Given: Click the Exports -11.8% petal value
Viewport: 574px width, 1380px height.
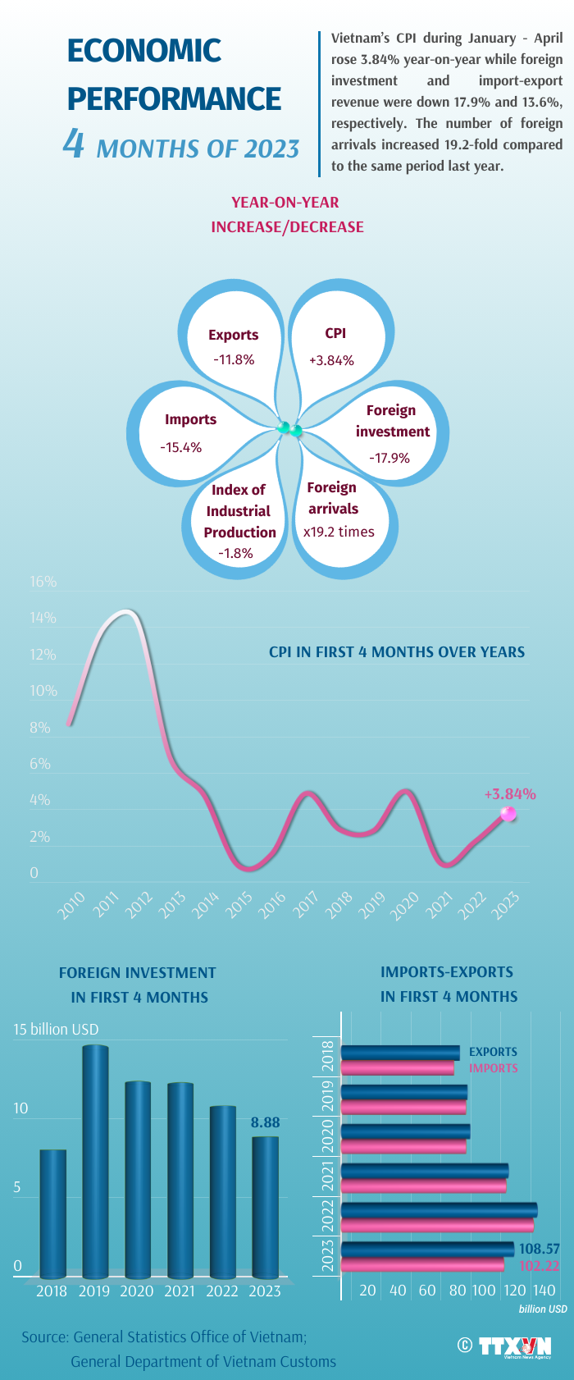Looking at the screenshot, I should (234, 359).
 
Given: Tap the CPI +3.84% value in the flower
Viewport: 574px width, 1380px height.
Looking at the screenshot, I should (331, 360).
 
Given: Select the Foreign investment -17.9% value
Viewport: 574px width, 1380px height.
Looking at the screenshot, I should (389, 458).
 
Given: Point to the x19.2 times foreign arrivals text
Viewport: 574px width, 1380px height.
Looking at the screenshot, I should (339, 532).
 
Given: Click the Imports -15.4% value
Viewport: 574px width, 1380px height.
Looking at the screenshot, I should (181, 447).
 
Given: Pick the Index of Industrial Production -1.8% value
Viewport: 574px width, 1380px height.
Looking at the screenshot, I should (235, 553).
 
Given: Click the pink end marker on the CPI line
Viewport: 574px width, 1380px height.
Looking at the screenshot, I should (508, 814).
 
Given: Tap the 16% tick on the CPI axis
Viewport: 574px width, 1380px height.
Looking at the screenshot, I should (43, 582).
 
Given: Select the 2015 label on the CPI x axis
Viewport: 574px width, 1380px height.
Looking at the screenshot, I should (239, 904).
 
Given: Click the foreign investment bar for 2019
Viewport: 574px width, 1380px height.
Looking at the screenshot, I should (94, 1161).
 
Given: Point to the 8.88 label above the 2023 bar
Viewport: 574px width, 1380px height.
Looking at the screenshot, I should (265, 1122).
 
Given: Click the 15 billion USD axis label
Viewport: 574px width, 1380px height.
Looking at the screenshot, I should (56, 1029).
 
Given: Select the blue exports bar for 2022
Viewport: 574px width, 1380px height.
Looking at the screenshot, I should (439, 1209).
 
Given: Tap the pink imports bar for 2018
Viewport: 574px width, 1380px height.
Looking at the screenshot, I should (397, 1067).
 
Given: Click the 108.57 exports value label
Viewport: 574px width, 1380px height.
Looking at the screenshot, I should (540, 1249).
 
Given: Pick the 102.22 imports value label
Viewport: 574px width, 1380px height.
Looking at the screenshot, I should (540, 1266).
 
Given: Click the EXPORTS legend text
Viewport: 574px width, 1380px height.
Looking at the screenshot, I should (493, 1052).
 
